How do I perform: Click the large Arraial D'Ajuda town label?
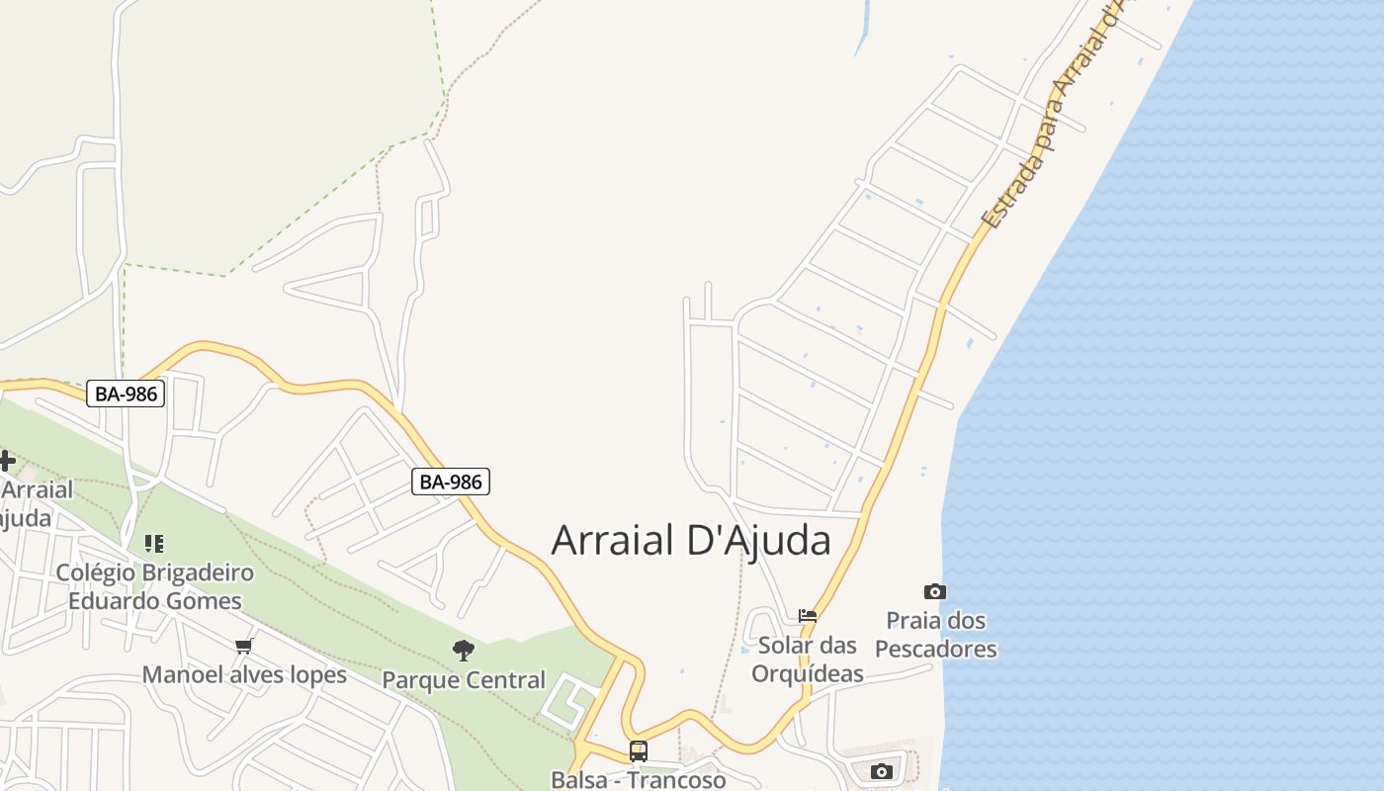(690, 541)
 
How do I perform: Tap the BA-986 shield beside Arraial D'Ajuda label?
(451, 482)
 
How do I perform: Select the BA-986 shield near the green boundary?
(126, 394)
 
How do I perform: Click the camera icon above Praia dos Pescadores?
(934, 591)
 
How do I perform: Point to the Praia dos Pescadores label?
(935, 635)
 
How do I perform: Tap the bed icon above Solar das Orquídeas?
(808, 615)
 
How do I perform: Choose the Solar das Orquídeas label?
(808, 659)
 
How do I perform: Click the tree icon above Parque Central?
(463, 650)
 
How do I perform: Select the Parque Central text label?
(463, 680)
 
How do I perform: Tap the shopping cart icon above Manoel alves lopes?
(243, 646)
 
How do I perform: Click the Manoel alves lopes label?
(244, 675)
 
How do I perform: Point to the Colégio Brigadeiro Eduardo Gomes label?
(154, 586)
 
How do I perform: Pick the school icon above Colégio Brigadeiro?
(153, 543)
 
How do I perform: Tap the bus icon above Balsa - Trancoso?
(639, 750)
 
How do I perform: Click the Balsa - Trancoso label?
(638, 779)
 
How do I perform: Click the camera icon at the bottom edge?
(881, 771)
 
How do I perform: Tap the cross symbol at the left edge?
(6, 460)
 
